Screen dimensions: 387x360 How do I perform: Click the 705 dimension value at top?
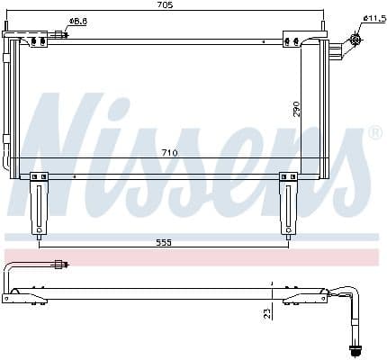(x=165, y=4)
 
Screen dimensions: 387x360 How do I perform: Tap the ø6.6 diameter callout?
(x=78, y=22)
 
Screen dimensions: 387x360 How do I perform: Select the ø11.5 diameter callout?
(x=374, y=19)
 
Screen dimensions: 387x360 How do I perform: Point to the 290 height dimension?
(x=296, y=109)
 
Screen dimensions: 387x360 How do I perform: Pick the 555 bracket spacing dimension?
(x=164, y=242)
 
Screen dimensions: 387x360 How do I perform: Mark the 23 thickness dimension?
(x=267, y=313)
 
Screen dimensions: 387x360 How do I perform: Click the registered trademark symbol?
(x=375, y=133)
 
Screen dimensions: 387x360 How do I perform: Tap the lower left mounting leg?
(x=39, y=205)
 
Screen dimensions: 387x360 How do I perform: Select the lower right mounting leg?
(x=288, y=205)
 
